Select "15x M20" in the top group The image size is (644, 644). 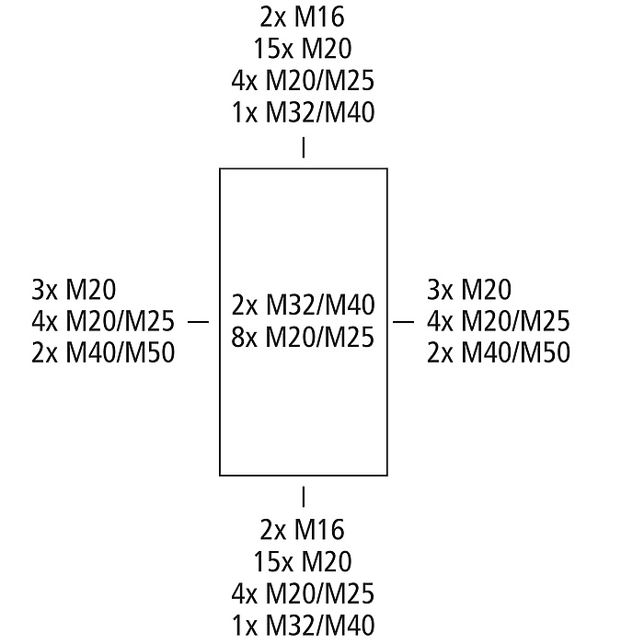tap(303, 48)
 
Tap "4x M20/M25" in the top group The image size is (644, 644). tap(303, 80)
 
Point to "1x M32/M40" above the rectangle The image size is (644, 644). tap(303, 112)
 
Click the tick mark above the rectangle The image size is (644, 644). tap(303, 148)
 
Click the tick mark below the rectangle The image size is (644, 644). tap(303, 498)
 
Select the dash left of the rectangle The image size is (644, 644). tap(199, 322)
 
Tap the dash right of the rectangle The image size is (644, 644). tap(405, 322)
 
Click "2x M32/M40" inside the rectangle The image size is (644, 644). tap(303, 305)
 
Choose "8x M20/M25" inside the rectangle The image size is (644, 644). tap(303, 338)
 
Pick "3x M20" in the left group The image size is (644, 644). tap(74, 290)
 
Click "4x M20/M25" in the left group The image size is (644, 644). tap(102, 322)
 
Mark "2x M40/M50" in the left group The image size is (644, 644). tap(102, 353)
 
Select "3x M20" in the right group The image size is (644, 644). tap(469, 290)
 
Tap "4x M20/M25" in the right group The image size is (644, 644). tap(498, 322)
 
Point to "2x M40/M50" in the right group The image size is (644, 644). tap(498, 353)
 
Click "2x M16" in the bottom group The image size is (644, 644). tap(303, 530)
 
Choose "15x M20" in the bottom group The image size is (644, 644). tap(303, 562)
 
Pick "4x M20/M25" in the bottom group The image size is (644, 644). tap(303, 594)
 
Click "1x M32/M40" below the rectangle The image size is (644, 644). tap(303, 627)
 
